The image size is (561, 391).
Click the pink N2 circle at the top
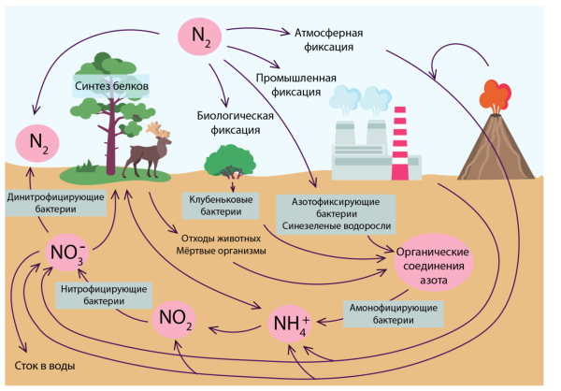[x=199, y=36]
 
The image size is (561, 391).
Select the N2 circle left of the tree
[x=37, y=143]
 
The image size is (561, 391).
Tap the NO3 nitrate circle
[x=67, y=253]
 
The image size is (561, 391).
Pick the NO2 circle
[x=174, y=319]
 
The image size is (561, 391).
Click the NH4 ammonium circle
[x=290, y=324]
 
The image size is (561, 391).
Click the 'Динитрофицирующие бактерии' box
[x=56, y=203]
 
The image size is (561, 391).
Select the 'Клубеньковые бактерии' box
[x=221, y=206]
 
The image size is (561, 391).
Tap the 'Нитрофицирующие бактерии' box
[x=104, y=295]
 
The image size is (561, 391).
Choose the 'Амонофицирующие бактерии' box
[x=394, y=313]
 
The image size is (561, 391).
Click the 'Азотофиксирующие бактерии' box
[x=336, y=214]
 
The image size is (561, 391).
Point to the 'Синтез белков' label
[x=111, y=86]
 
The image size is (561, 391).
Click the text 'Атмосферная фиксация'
[x=328, y=39]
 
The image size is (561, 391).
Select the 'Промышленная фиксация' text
[x=295, y=85]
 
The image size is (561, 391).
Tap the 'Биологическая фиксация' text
[x=235, y=123]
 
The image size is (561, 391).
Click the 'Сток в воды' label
[x=45, y=366]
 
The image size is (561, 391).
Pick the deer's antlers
[x=157, y=130]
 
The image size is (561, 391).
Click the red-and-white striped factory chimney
[x=399, y=143]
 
